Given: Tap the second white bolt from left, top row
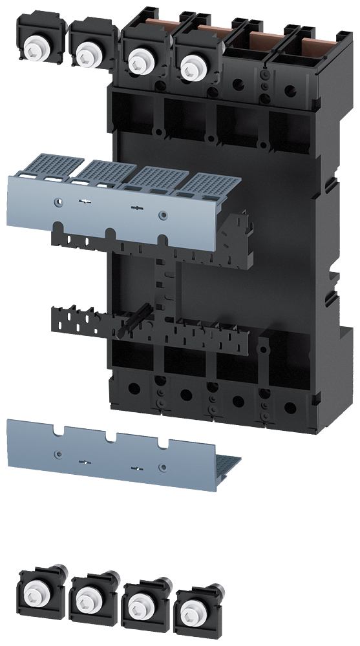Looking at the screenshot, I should [x=84, y=54].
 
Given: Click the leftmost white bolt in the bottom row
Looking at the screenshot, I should [x=32, y=589].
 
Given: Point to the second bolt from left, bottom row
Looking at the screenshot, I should [x=84, y=600].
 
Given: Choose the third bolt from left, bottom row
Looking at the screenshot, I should [x=138, y=605].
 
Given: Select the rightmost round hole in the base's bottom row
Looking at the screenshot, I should [x=290, y=408].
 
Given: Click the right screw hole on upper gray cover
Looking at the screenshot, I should [x=163, y=215].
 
